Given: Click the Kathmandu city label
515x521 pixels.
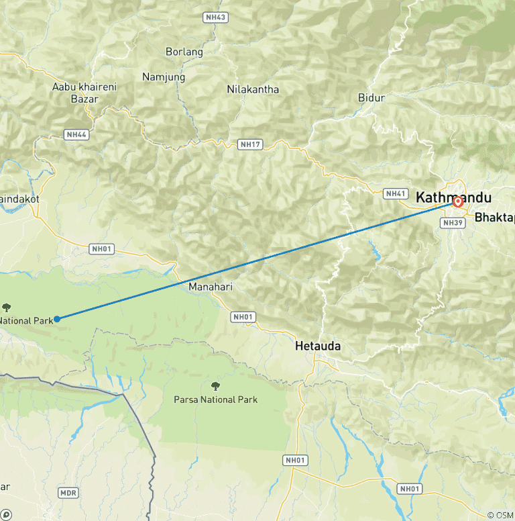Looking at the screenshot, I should coord(453,198).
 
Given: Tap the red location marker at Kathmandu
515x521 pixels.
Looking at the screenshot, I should coord(458,201).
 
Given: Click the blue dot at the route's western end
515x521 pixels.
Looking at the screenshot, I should coord(58,319).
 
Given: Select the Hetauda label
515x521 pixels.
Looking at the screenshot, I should coord(318,346).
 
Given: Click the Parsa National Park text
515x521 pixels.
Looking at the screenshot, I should coord(215,399).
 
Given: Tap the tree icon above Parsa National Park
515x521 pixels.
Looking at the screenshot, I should coord(215,386).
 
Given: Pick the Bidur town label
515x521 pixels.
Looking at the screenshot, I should coord(371,98).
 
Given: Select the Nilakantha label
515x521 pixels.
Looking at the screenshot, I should coord(253,89).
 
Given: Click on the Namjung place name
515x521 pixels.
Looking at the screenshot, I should coord(164,77).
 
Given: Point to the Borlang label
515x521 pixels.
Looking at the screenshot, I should coord(184,52).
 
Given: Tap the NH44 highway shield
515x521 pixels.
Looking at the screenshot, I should coord(76,135).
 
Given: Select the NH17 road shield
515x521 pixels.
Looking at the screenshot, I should coord(250,144).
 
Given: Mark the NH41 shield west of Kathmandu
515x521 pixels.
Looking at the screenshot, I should coord(396,194).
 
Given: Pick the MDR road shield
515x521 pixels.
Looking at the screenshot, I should coord(68,493).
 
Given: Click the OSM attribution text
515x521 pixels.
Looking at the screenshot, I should coord(500,515).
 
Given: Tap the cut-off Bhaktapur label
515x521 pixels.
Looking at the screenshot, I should coord(494,218).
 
